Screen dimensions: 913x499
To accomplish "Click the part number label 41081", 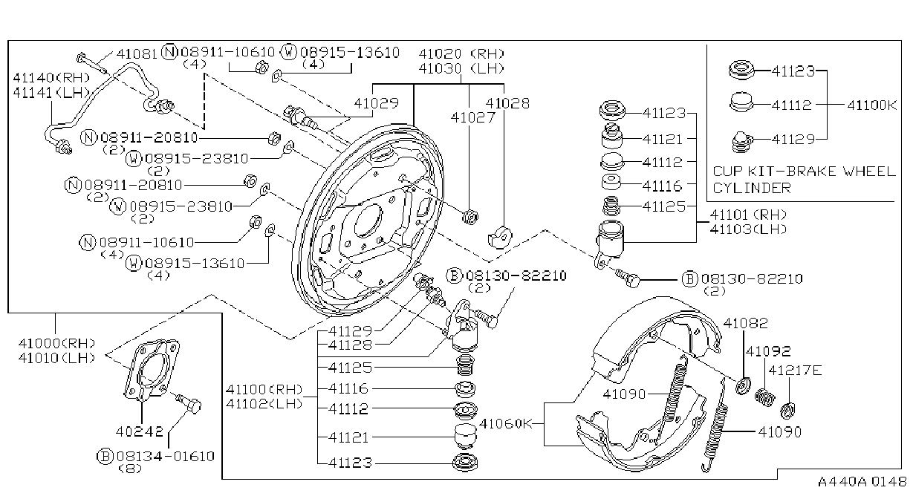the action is click(137, 53).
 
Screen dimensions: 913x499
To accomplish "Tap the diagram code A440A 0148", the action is click(862, 481).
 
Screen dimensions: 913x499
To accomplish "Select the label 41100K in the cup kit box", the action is click(872, 105).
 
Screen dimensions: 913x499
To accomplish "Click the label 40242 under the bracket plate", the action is click(140, 431).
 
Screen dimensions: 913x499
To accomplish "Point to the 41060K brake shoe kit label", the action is click(506, 424).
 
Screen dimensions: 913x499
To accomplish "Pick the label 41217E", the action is click(795, 371).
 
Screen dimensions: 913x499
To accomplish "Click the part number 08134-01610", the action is click(166, 456).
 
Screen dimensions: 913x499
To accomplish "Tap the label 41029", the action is click(376, 103).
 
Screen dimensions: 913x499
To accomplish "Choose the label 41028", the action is click(507, 103).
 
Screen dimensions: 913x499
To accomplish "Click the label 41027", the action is click(472, 117).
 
